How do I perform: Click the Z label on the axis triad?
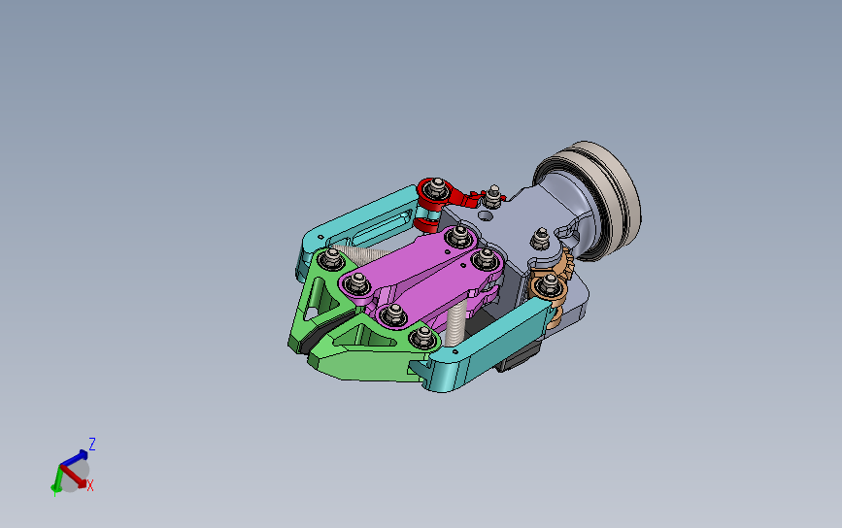92,445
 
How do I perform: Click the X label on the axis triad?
90,485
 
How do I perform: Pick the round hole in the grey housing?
485,215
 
